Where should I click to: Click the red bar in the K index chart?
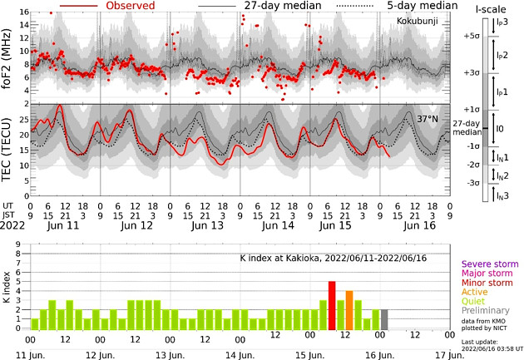(332, 305)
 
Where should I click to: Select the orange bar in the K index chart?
(349, 310)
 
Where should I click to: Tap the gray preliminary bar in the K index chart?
(384, 319)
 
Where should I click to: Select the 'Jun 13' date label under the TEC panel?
(205, 225)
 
